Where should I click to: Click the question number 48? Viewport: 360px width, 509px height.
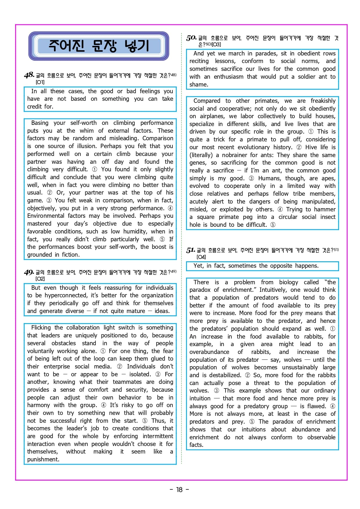(x=29, y=75)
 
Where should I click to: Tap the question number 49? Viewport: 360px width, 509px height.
(x=29, y=272)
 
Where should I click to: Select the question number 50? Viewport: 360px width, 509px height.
(x=191, y=38)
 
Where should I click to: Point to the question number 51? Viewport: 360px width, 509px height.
(x=190, y=250)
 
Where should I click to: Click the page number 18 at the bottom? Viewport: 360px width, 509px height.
(x=179, y=490)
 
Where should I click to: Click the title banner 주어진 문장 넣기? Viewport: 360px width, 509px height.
(x=99, y=46)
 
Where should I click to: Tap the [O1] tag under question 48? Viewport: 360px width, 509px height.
(x=40, y=82)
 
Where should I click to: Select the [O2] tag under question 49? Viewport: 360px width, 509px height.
(x=40, y=279)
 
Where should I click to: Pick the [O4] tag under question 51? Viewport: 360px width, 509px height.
(x=201, y=257)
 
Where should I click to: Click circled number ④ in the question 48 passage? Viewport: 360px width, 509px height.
(x=170, y=208)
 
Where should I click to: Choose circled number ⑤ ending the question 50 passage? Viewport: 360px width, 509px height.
(x=273, y=225)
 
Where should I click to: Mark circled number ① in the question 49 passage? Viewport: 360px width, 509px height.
(x=103, y=351)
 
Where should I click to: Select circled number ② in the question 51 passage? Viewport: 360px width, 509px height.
(x=248, y=375)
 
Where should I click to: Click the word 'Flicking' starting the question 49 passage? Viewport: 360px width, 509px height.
(x=41, y=328)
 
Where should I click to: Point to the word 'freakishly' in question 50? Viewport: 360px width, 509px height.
(x=323, y=101)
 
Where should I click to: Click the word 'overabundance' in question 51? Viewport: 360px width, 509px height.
(x=209, y=352)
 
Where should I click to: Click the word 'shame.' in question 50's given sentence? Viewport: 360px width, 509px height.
(x=199, y=84)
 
